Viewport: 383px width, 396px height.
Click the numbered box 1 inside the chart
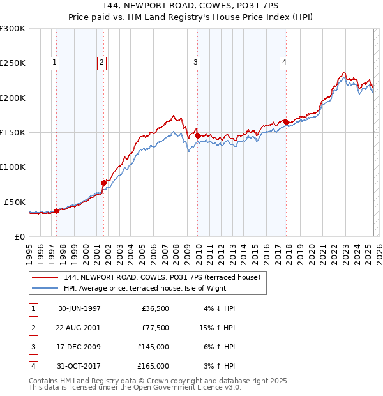(55, 63)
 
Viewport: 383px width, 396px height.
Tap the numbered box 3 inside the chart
(195, 63)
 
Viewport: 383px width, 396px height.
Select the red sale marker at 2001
(103, 183)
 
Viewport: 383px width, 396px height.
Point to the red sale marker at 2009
(197, 135)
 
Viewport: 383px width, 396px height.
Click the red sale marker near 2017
(286, 122)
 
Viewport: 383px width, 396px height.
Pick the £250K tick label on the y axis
(13, 63)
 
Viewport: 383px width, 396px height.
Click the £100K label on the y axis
(13, 167)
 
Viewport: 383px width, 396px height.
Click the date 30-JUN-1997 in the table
(79, 308)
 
